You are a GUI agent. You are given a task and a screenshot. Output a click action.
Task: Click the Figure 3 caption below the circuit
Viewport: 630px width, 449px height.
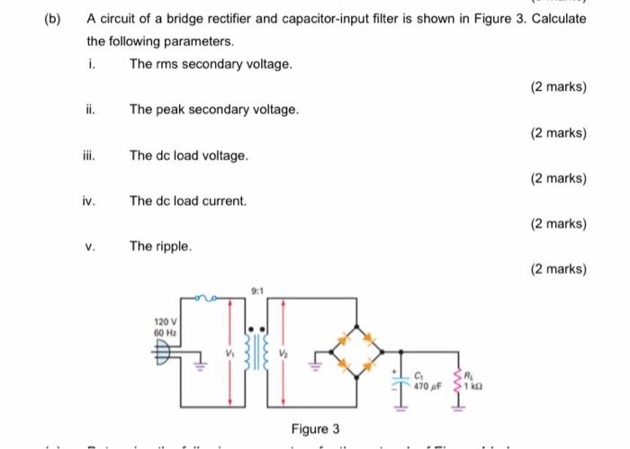coord(315,428)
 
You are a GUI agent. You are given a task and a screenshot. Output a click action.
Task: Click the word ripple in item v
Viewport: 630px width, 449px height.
coord(173,245)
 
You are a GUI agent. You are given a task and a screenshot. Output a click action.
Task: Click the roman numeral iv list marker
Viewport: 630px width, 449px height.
coord(90,201)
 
